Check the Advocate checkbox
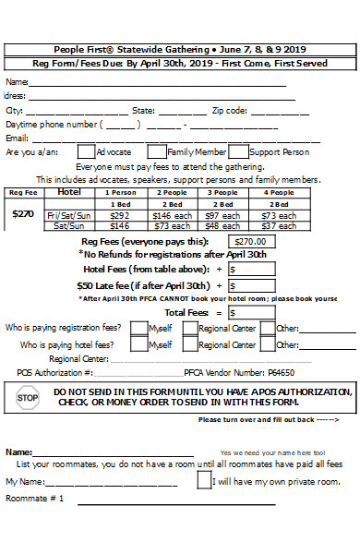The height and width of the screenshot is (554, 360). pos(85,151)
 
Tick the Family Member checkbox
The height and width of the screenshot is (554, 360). pos(157,151)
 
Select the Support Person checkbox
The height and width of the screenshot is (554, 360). pos(237,151)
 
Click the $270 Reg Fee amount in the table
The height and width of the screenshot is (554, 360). pos(22,213)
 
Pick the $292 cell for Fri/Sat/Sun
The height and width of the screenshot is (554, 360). pos(120,215)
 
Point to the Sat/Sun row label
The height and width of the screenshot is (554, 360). pos(69,225)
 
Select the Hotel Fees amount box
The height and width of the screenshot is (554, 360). pos(251,269)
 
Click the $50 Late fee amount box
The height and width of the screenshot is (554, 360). pos(251,285)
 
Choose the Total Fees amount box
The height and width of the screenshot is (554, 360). pos(251,313)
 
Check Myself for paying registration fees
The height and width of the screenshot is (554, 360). pos(138,328)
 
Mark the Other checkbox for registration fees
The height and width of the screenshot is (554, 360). pos(267,328)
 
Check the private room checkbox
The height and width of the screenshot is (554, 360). pos(204,481)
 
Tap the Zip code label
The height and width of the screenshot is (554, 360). pos(229,110)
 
